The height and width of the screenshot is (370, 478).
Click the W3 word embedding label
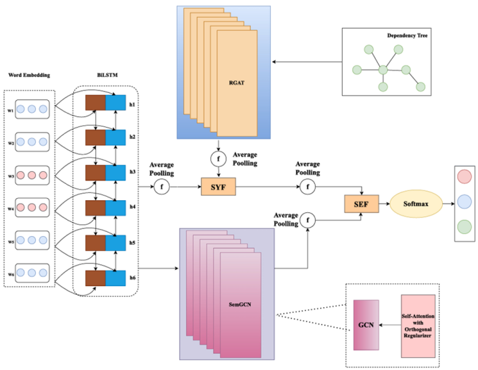11,175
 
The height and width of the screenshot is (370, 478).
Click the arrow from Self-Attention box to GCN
389,324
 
